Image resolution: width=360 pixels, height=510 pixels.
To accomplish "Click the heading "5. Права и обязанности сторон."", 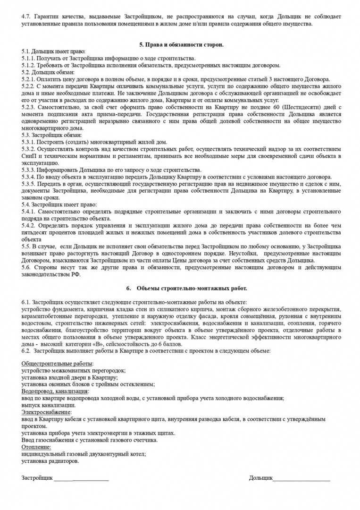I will pyautogui.click(x=181, y=45).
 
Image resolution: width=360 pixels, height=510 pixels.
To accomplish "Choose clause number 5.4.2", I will pyautogui.click(x=29, y=226).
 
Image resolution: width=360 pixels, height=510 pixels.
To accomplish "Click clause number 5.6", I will pyautogui.click(x=26, y=268).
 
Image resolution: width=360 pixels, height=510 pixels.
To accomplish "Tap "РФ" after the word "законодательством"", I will pyautogui.click(x=76, y=275).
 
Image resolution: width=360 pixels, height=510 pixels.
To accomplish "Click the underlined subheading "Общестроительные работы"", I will pyautogui.click(x=57, y=364).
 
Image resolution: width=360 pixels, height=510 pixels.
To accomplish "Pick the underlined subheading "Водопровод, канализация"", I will pyautogui.click(x=55, y=391).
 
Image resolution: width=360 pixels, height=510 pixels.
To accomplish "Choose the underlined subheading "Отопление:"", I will pyautogui.click(x=36, y=447).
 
